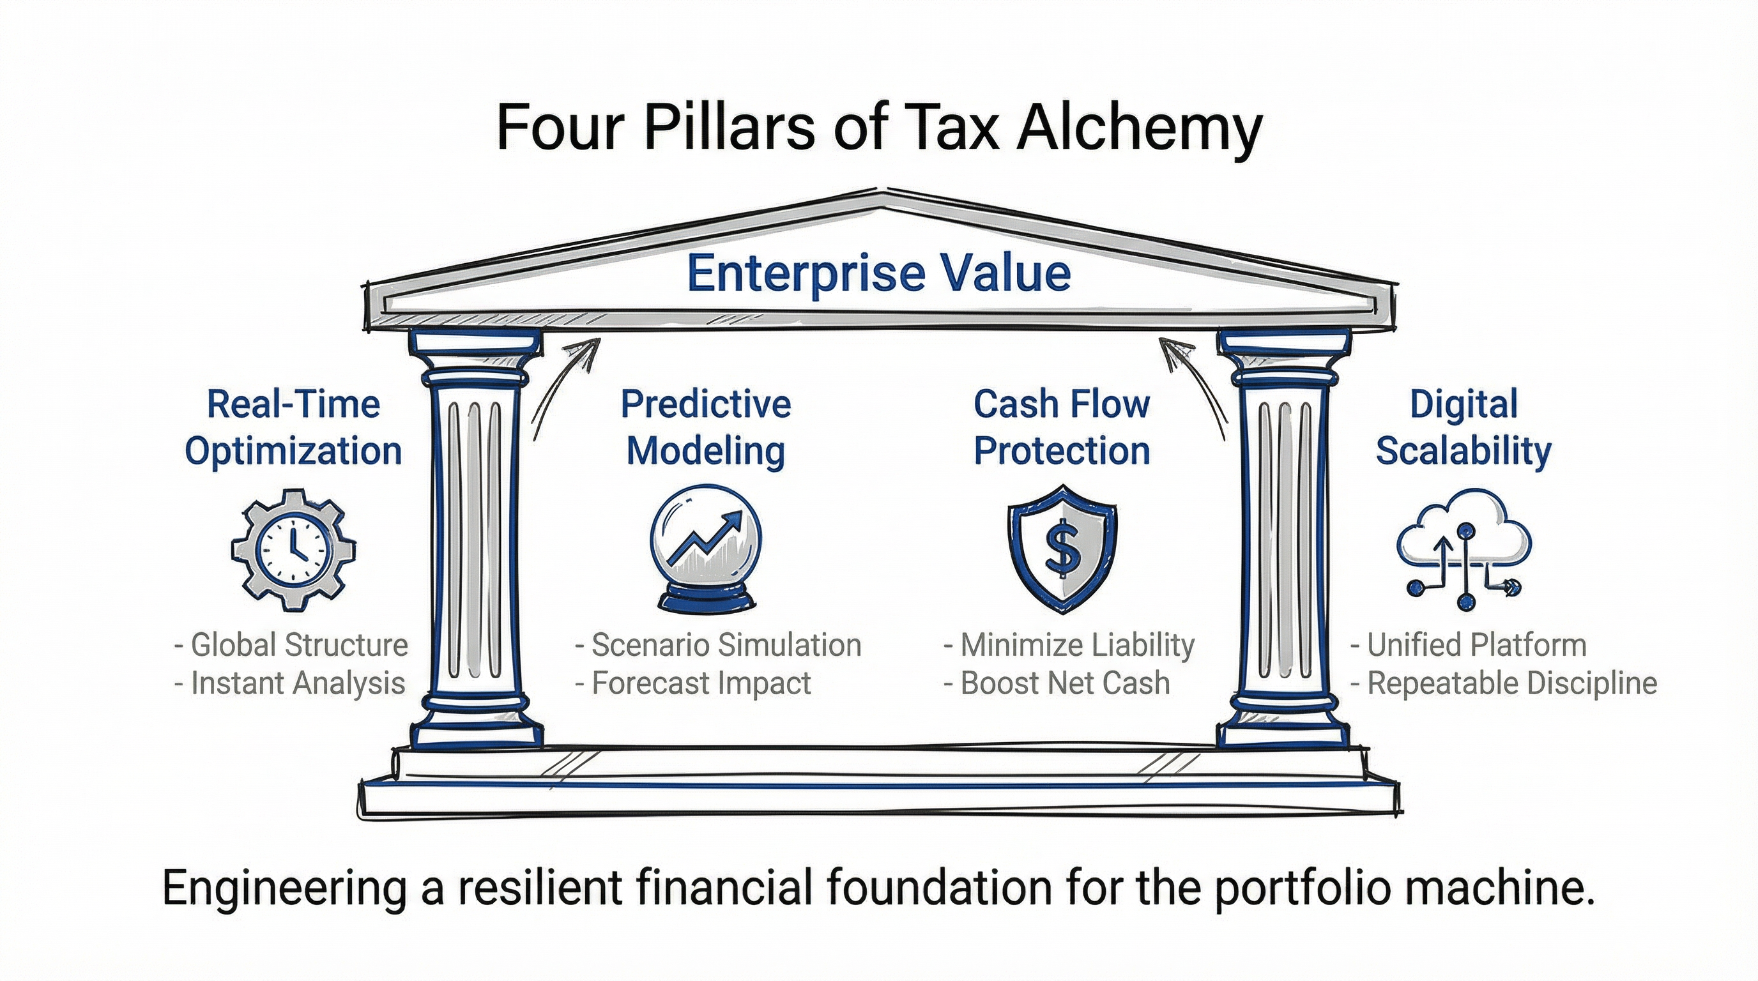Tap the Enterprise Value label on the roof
pos(878,273)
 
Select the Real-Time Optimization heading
pos(293,428)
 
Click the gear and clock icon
pos(293,550)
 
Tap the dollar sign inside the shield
pos(1062,550)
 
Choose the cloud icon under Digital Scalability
pos(1464,539)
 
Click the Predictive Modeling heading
pos(707,428)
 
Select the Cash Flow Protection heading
pos(1062,428)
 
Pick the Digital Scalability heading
pos(1464,428)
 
